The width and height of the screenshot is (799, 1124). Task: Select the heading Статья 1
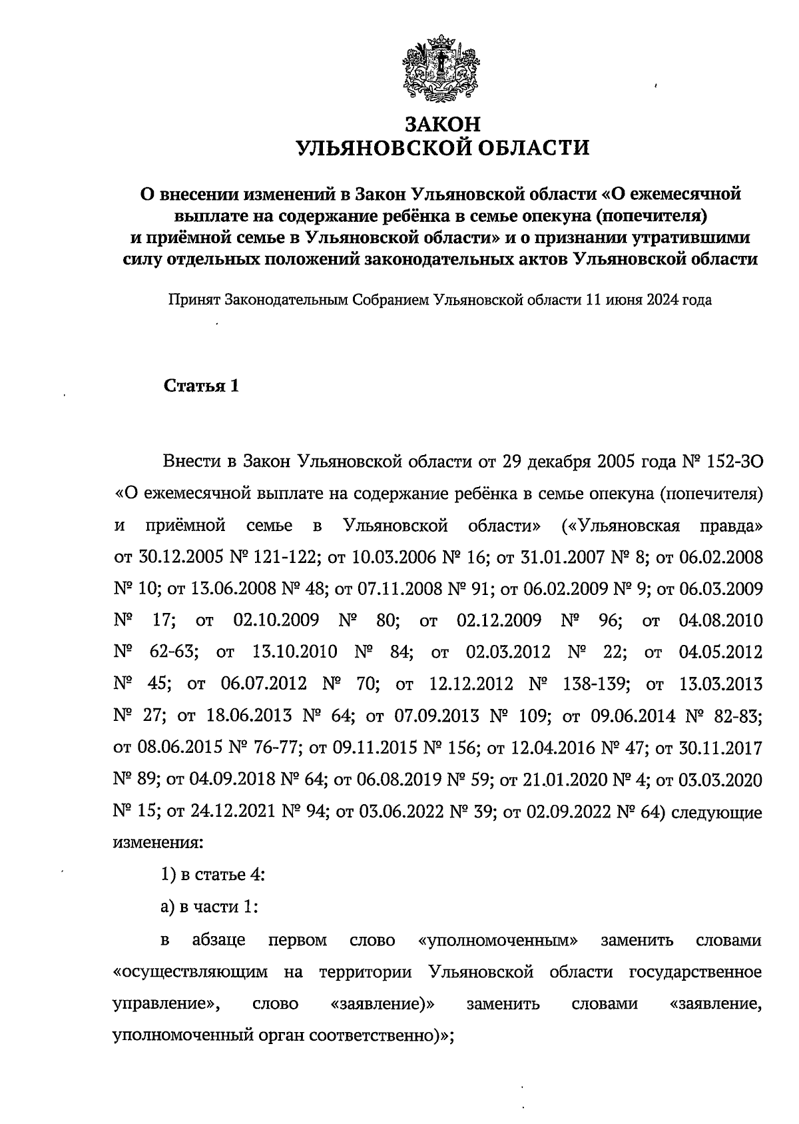(201, 386)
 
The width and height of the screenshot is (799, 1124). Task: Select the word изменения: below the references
(156, 843)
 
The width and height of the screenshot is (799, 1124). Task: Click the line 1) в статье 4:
(213, 875)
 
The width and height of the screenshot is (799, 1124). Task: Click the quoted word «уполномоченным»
(498, 941)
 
